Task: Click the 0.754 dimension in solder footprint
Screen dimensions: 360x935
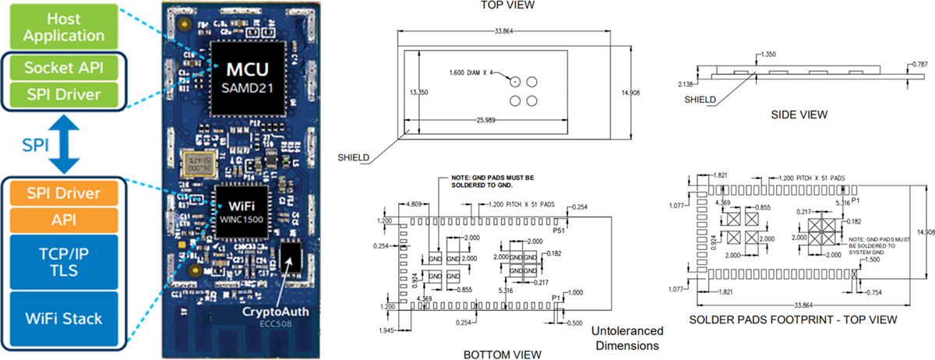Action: pos(875,291)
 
